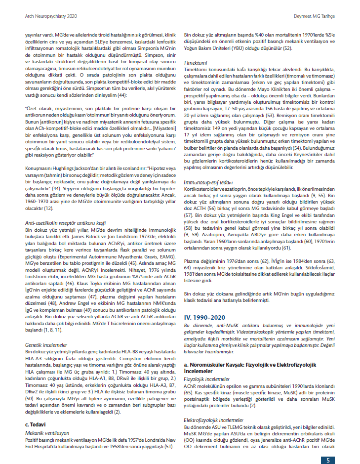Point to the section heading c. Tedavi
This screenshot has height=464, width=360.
pos(36,423)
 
